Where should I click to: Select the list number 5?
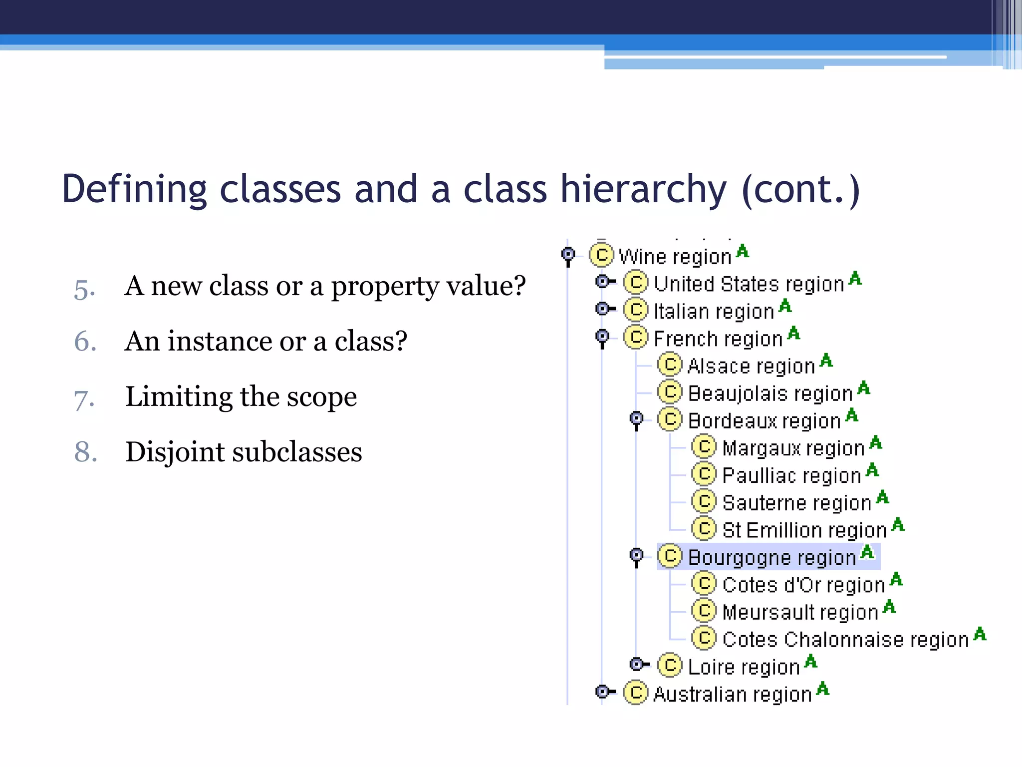point(84,289)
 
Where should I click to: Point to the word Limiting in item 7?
point(178,397)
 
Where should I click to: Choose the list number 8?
point(85,452)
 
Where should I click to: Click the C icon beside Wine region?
point(601,255)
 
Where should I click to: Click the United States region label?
point(748,284)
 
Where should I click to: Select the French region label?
point(718,339)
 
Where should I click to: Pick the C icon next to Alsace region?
point(670,365)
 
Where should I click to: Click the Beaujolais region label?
point(769,393)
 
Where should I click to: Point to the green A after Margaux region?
point(876,442)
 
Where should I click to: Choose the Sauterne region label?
point(796,503)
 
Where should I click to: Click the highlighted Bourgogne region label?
point(771,557)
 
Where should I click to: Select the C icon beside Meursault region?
point(704,611)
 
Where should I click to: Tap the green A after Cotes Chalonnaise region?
point(980,634)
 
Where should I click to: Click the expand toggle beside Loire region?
point(638,665)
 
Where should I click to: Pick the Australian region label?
point(732,695)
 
